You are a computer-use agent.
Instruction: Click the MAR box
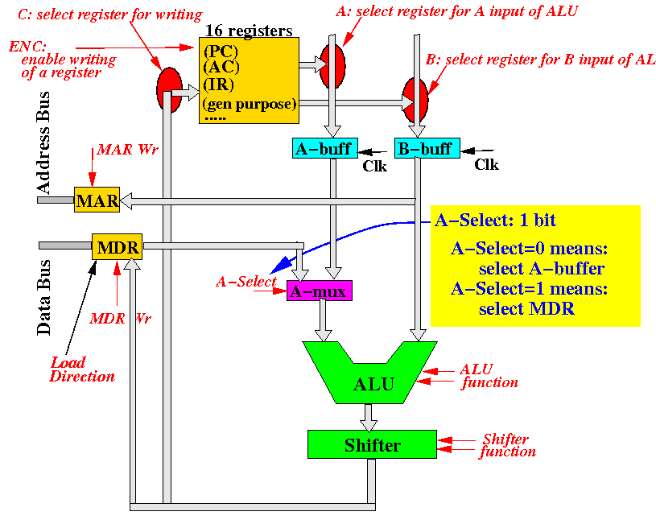(x=97, y=200)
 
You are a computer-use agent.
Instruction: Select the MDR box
(x=118, y=247)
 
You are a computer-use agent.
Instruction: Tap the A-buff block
(x=325, y=148)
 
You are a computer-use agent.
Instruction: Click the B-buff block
(x=427, y=148)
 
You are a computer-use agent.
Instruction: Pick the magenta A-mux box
(x=320, y=291)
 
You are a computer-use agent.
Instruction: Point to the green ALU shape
(x=369, y=373)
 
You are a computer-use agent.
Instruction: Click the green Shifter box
(x=372, y=444)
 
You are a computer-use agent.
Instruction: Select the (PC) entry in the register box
(x=221, y=51)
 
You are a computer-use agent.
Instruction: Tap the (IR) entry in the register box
(x=218, y=85)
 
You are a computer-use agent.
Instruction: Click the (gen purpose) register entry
(x=250, y=104)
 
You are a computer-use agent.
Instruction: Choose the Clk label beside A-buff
(x=374, y=166)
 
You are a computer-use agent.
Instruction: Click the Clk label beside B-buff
(x=486, y=164)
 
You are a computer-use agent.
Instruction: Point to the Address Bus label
(x=43, y=142)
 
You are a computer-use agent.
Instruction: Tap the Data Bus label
(x=43, y=297)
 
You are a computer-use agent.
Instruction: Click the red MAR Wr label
(x=128, y=150)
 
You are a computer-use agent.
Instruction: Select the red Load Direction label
(x=82, y=369)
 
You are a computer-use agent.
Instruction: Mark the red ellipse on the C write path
(x=170, y=90)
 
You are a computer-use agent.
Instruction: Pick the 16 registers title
(x=249, y=31)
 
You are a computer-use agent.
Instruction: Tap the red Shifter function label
(x=507, y=445)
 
